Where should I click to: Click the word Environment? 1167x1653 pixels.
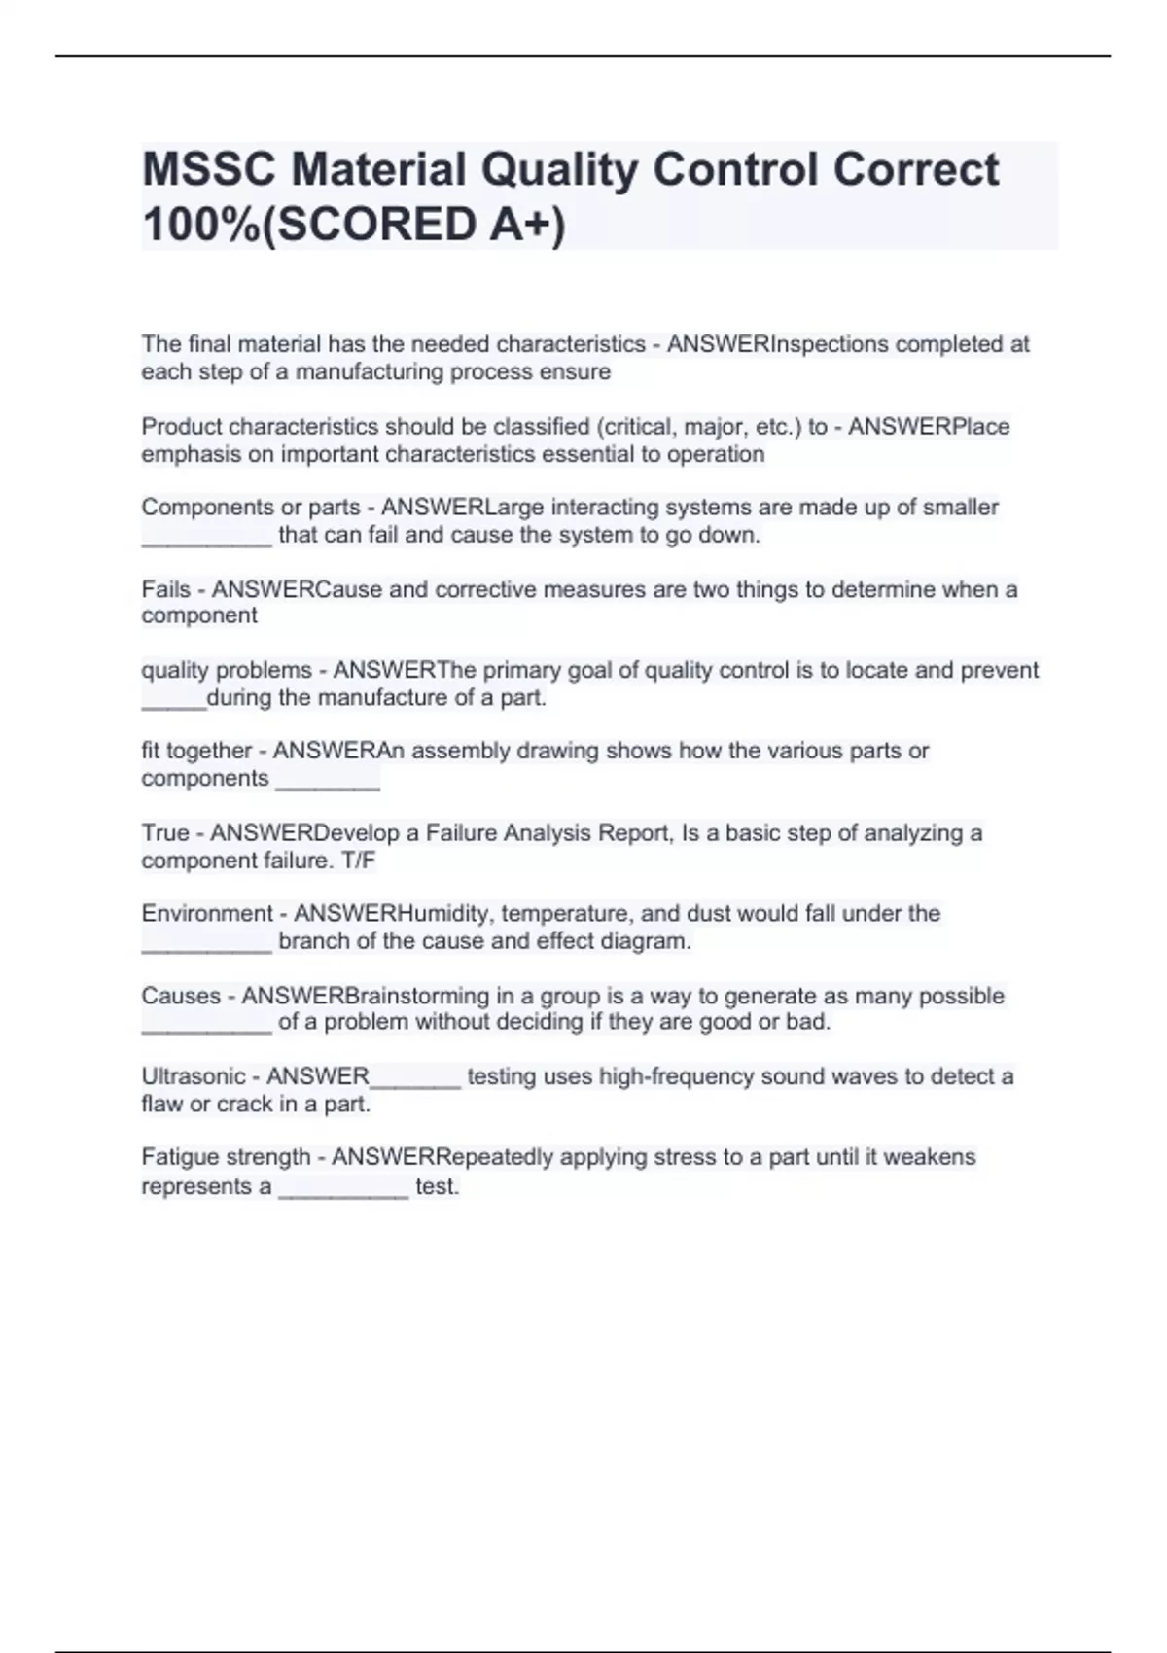pos(207,913)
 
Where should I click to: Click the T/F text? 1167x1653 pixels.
pos(358,861)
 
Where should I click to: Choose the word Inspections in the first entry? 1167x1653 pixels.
pos(830,344)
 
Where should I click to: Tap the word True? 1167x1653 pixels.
pos(165,833)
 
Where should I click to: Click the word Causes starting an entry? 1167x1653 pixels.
pos(180,996)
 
